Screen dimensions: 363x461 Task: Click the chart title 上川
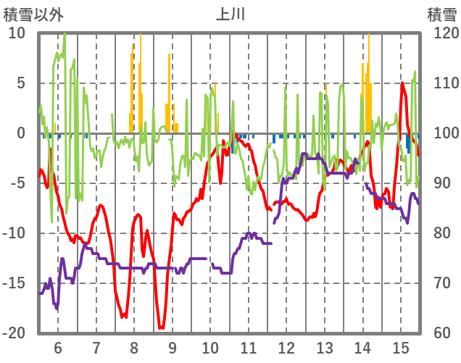pyautogui.click(x=231, y=14)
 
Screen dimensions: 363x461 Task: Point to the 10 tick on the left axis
pyautogui.click(x=17, y=33)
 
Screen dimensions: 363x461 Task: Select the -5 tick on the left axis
pyautogui.click(x=17, y=183)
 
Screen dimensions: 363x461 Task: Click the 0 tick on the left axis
pyautogui.click(x=20, y=133)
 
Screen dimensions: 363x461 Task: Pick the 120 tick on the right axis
pyautogui.click(x=439, y=33)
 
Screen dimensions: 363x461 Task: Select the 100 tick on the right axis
pyautogui.click(x=439, y=133)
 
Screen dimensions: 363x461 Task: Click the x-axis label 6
pyautogui.click(x=58, y=346)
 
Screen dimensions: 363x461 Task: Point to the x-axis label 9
pyautogui.click(x=172, y=346)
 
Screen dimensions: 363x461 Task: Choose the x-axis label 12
pyautogui.click(x=286, y=346)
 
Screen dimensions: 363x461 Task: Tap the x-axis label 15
pyautogui.click(x=400, y=346)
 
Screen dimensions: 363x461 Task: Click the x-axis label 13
pyautogui.click(x=324, y=346)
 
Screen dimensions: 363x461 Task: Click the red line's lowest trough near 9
pyautogui.click(x=161, y=328)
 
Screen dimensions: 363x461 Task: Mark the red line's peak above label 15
pyautogui.click(x=402, y=83)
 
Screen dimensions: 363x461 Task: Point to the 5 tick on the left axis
pyautogui.click(x=20, y=83)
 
